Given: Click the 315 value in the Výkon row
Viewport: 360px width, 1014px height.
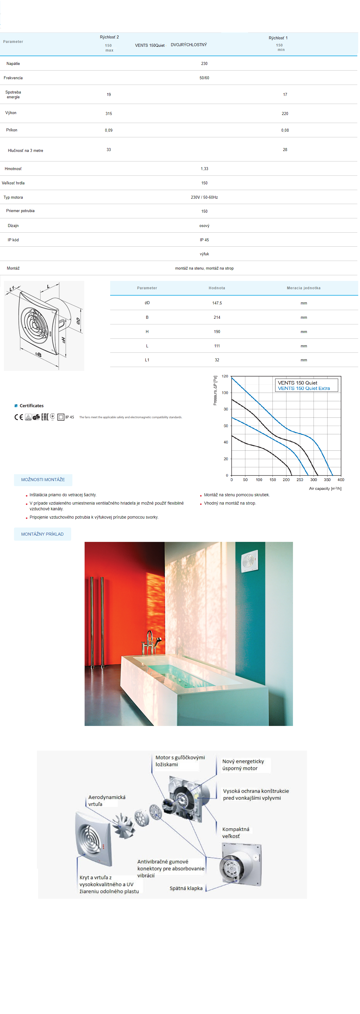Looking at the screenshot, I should pyautogui.click(x=109, y=114).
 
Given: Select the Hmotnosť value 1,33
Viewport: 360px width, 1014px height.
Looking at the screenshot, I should pyautogui.click(x=204, y=169).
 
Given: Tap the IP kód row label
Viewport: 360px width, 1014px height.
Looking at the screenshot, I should pyautogui.click(x=13, y=240).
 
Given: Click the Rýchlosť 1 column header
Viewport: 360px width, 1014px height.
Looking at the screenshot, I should pyautogui.click(x=278, y=38).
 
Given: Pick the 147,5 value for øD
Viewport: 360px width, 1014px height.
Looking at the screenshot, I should pyautogui.click(x=217, y=304).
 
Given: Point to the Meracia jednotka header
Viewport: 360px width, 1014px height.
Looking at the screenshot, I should pyautogui.click(x=303, y=288).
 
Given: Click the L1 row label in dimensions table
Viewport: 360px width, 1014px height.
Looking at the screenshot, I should pyautogui.click(x=147, y=360).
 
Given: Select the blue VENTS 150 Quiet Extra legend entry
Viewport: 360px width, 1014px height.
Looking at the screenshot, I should pyautogui.click(x=304, y=388).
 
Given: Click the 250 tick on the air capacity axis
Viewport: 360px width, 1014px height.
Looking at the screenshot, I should pyautogui.click(x=300, y=480).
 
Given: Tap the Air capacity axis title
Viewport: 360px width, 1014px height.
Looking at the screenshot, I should pyautogui.click(x=325, y=489).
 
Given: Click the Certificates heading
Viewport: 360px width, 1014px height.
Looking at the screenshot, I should pyautogui.click(x=32, y=406).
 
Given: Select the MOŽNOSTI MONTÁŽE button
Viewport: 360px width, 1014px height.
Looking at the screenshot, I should pyautogui.click(x=43, y=480).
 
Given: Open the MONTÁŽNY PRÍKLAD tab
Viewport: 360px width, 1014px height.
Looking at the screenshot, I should pyautogui.click(x=42, y=534).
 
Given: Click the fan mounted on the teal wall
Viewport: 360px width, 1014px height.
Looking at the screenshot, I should pyautogui.click(x=249, y=561).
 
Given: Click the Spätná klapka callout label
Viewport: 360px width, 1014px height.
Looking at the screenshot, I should pyautogui.click(x=186, y=888).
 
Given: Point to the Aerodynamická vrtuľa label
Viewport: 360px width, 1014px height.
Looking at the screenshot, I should pyautogui.click(x=107, y=801).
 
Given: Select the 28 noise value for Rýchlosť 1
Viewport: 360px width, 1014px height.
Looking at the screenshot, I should pyautogui.click(x=285, y=150).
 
